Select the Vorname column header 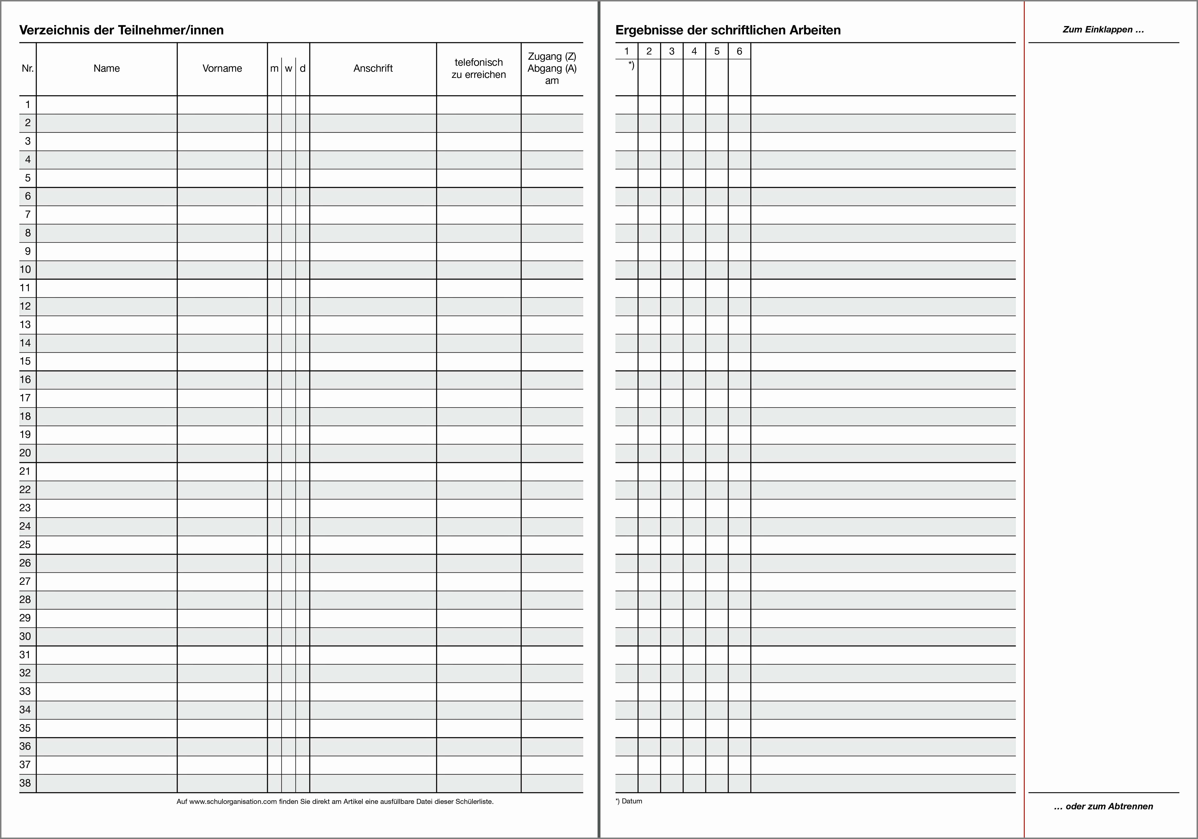[x=222, y=68]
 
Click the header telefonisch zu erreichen [x=478, y=68]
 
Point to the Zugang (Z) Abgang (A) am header [x=552, y=68]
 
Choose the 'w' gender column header [x=289, y=68]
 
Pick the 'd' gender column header [x=303, y=68]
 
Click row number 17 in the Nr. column [x=26, y=398]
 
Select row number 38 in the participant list [x=26, y=783]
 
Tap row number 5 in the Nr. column [x=28, y=178]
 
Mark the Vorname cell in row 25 [x=222, y=544]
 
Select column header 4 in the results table [x=694, y=51]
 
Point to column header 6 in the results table [x=739, y=51]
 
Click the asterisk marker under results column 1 [x=631, y=65]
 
